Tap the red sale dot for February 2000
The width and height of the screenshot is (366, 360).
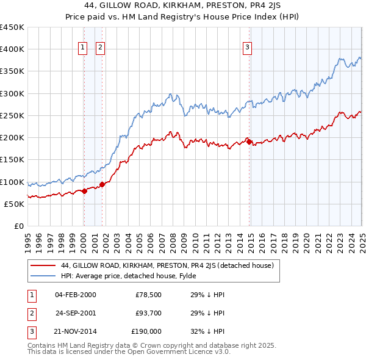pos(84,191)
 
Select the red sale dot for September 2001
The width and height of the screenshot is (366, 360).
pos(102,184)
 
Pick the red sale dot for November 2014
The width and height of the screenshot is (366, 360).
pos(249,142)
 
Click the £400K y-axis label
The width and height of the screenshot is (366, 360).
pos(12,49)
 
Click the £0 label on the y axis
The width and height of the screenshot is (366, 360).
pos(18,226)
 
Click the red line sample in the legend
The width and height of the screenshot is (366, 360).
pos(43,265)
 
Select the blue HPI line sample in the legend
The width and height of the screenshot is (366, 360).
pos(43,275)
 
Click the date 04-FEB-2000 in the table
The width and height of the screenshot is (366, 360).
pos(75,295)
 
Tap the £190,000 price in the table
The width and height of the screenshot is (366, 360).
pos(145,331)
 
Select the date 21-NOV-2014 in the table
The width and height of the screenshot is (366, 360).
pos(75,331)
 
